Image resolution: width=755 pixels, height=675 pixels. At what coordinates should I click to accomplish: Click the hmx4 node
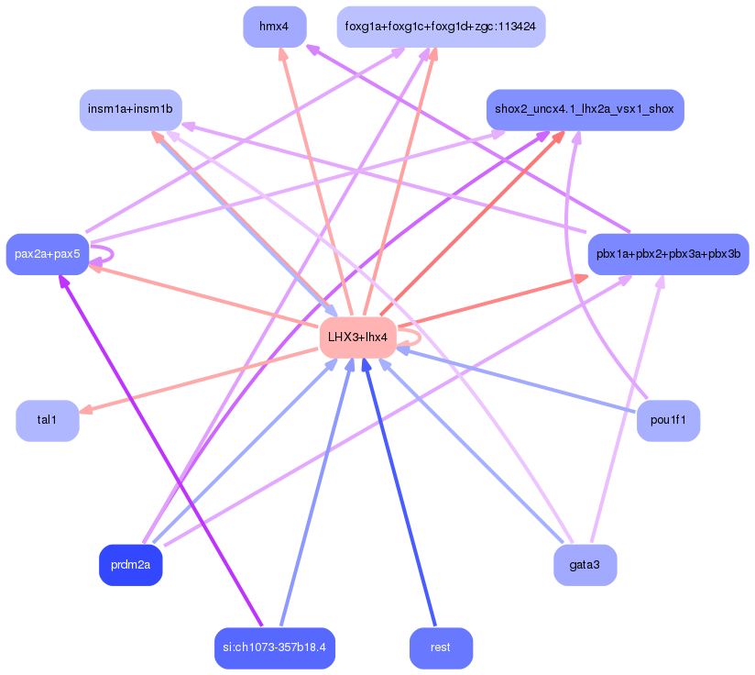(274, 27)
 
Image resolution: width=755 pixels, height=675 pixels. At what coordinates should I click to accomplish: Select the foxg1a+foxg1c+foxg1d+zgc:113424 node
(441, 27)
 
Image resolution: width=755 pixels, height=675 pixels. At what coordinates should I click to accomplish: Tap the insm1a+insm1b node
(130, 110)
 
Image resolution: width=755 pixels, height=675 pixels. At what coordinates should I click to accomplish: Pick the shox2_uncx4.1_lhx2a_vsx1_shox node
(585, 110)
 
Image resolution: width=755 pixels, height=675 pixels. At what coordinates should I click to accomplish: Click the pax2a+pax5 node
(48, 253)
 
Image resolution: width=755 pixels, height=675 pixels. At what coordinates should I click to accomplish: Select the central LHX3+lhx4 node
(357, 337)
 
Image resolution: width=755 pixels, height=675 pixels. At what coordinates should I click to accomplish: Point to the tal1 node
(47, 420)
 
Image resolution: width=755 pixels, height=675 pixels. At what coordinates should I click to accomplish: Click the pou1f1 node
(668, 421)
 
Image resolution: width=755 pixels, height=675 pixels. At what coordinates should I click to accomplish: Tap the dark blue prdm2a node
(130, 565)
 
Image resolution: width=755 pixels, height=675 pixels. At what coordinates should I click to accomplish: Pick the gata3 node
(585, 565)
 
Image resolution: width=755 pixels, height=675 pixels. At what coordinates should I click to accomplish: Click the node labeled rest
(441, 648)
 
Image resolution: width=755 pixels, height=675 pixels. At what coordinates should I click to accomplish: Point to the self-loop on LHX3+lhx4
(414, 337)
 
